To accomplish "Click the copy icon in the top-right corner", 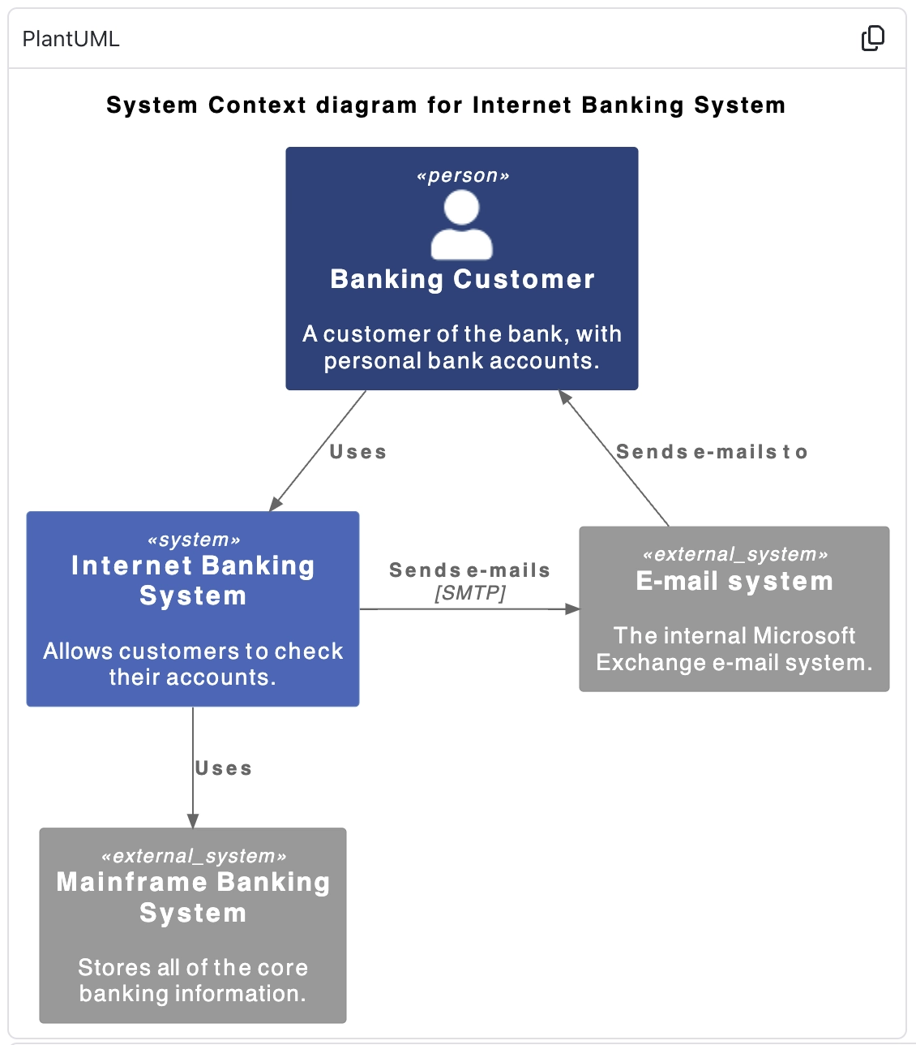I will [x=872, y=38].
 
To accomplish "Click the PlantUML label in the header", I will [x=71, y=39].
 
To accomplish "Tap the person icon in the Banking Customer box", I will [x=461, y=225].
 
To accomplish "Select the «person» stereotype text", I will [x=462, y=176].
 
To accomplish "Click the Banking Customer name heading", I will [x=462, y=279].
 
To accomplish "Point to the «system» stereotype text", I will [x=193, y=540].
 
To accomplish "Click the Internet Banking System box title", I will [x=193, y=580].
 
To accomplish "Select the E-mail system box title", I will [x=734, y=581].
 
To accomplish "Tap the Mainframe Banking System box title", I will [x=193, y=897].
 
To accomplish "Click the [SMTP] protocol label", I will [x=470, y=593].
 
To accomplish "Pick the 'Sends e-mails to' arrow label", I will [x=712, y=452].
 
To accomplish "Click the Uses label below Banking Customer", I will [x=357, y=452].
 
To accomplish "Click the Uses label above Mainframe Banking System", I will [x=223, y=768].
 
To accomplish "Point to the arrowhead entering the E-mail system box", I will [x=572, y=609].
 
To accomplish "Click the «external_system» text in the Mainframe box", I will [x=193, y=856].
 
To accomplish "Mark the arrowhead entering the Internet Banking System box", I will [x=276, y=503].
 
